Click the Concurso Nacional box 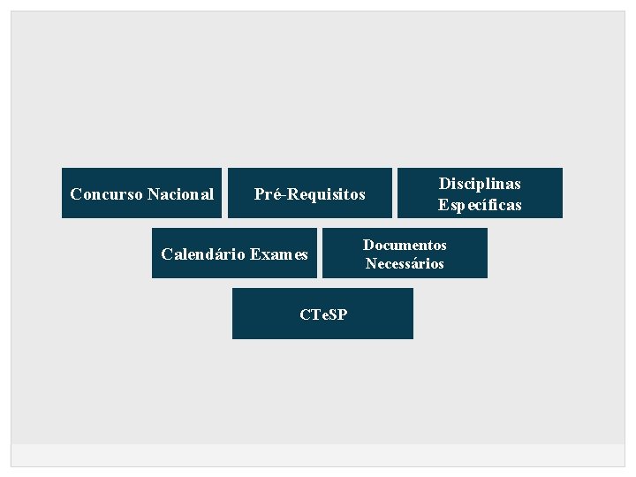coord(141,193)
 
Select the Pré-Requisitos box coord(309,193)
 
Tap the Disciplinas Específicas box coord(480,193)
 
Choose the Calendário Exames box coord(234,254)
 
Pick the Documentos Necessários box coord(405,254)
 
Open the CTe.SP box coord(322,314)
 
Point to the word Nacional coord(181,194)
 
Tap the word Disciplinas coord(480,184)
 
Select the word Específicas coord(480,205)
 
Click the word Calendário coord(202,255)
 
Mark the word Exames coord(279,255)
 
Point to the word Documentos coord(405,245)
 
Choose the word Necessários coord(405,263)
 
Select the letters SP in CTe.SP coord(337,314)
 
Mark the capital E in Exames coord(254,255)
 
